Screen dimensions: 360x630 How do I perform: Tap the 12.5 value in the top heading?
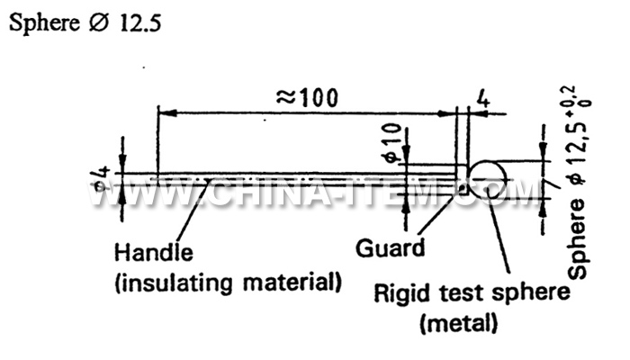pyautogui.click(x=139, y=23)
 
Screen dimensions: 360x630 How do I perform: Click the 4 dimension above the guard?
pyautogui.click(x=482, y=99)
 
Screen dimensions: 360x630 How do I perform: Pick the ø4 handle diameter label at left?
pyautogui.click(x=103, y=177)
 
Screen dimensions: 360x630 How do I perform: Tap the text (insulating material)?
pyautogui.click(x=229, y=282)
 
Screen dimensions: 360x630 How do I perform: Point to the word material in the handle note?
pyautogui.click(x=295, y=282)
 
